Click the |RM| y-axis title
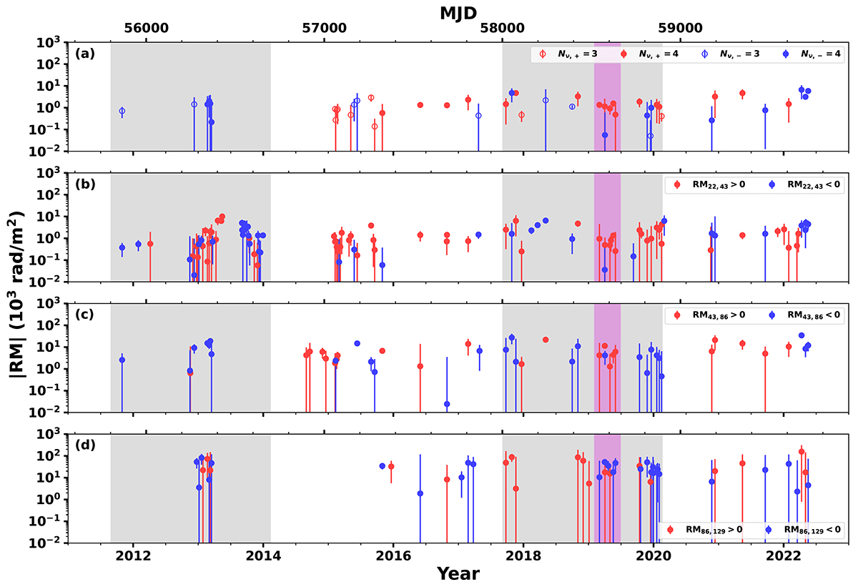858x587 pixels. (x=15, y=293)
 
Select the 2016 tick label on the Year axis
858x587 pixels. (x=393, y=556)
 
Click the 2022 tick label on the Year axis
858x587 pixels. (x=784, y=556)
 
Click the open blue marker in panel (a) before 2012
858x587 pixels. (x=122, y=112)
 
